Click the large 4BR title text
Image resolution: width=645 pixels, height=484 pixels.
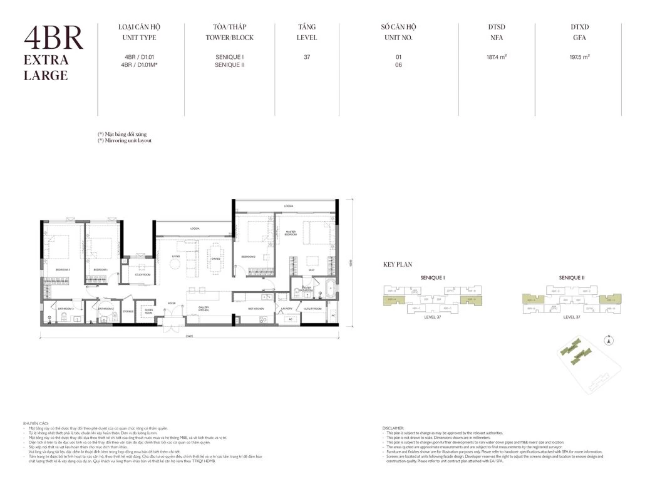[53, 39]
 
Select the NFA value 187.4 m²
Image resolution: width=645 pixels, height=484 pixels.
[496, 57]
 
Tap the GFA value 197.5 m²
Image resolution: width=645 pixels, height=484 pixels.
[580, 57]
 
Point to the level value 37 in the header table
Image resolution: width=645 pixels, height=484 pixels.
[307, 57]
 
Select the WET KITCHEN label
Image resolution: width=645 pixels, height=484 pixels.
[254, 309]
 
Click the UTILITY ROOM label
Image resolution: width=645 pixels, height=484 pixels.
[312, 309]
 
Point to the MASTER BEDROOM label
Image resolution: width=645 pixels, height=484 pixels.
[290, 233]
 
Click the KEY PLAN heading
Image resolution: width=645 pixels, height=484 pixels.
[397, 265]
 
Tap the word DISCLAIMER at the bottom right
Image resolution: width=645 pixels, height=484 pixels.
[394, 428]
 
